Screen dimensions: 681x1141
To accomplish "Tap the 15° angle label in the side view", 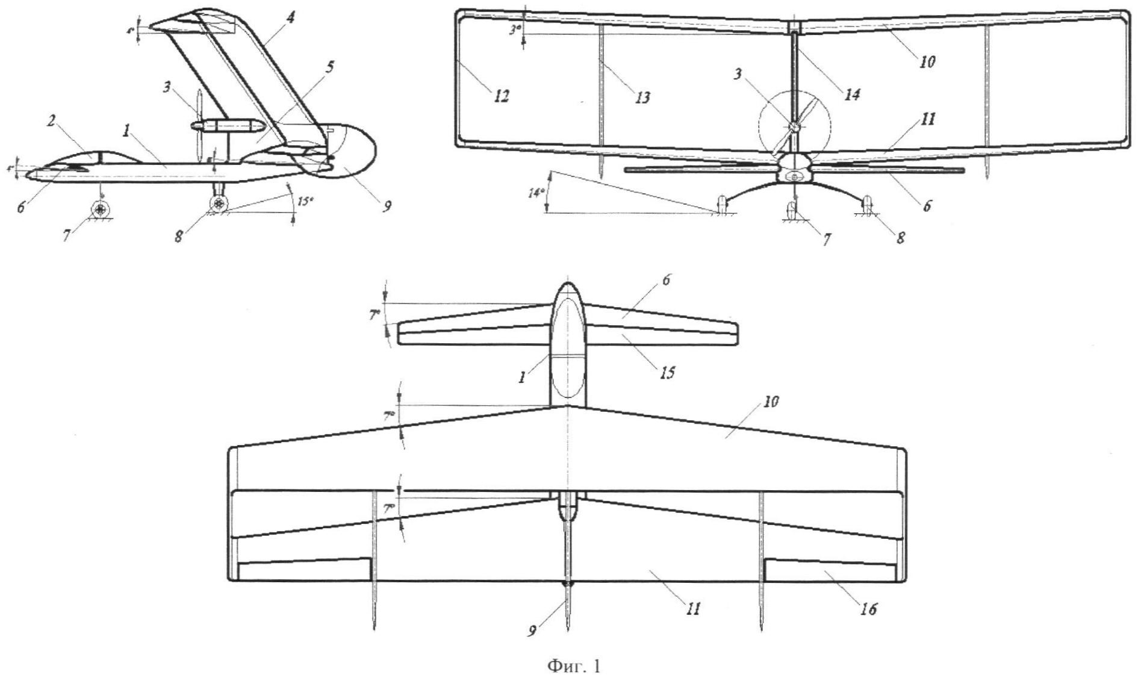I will (x=305, y=201).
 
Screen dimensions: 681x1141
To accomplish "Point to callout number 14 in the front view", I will (x=851, y=95).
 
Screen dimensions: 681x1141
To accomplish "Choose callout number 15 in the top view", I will (x=665, y=373).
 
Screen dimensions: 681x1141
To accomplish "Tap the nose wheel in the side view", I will (x=100, y=210).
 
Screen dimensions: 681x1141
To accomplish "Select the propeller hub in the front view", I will (x=794, y=127).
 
